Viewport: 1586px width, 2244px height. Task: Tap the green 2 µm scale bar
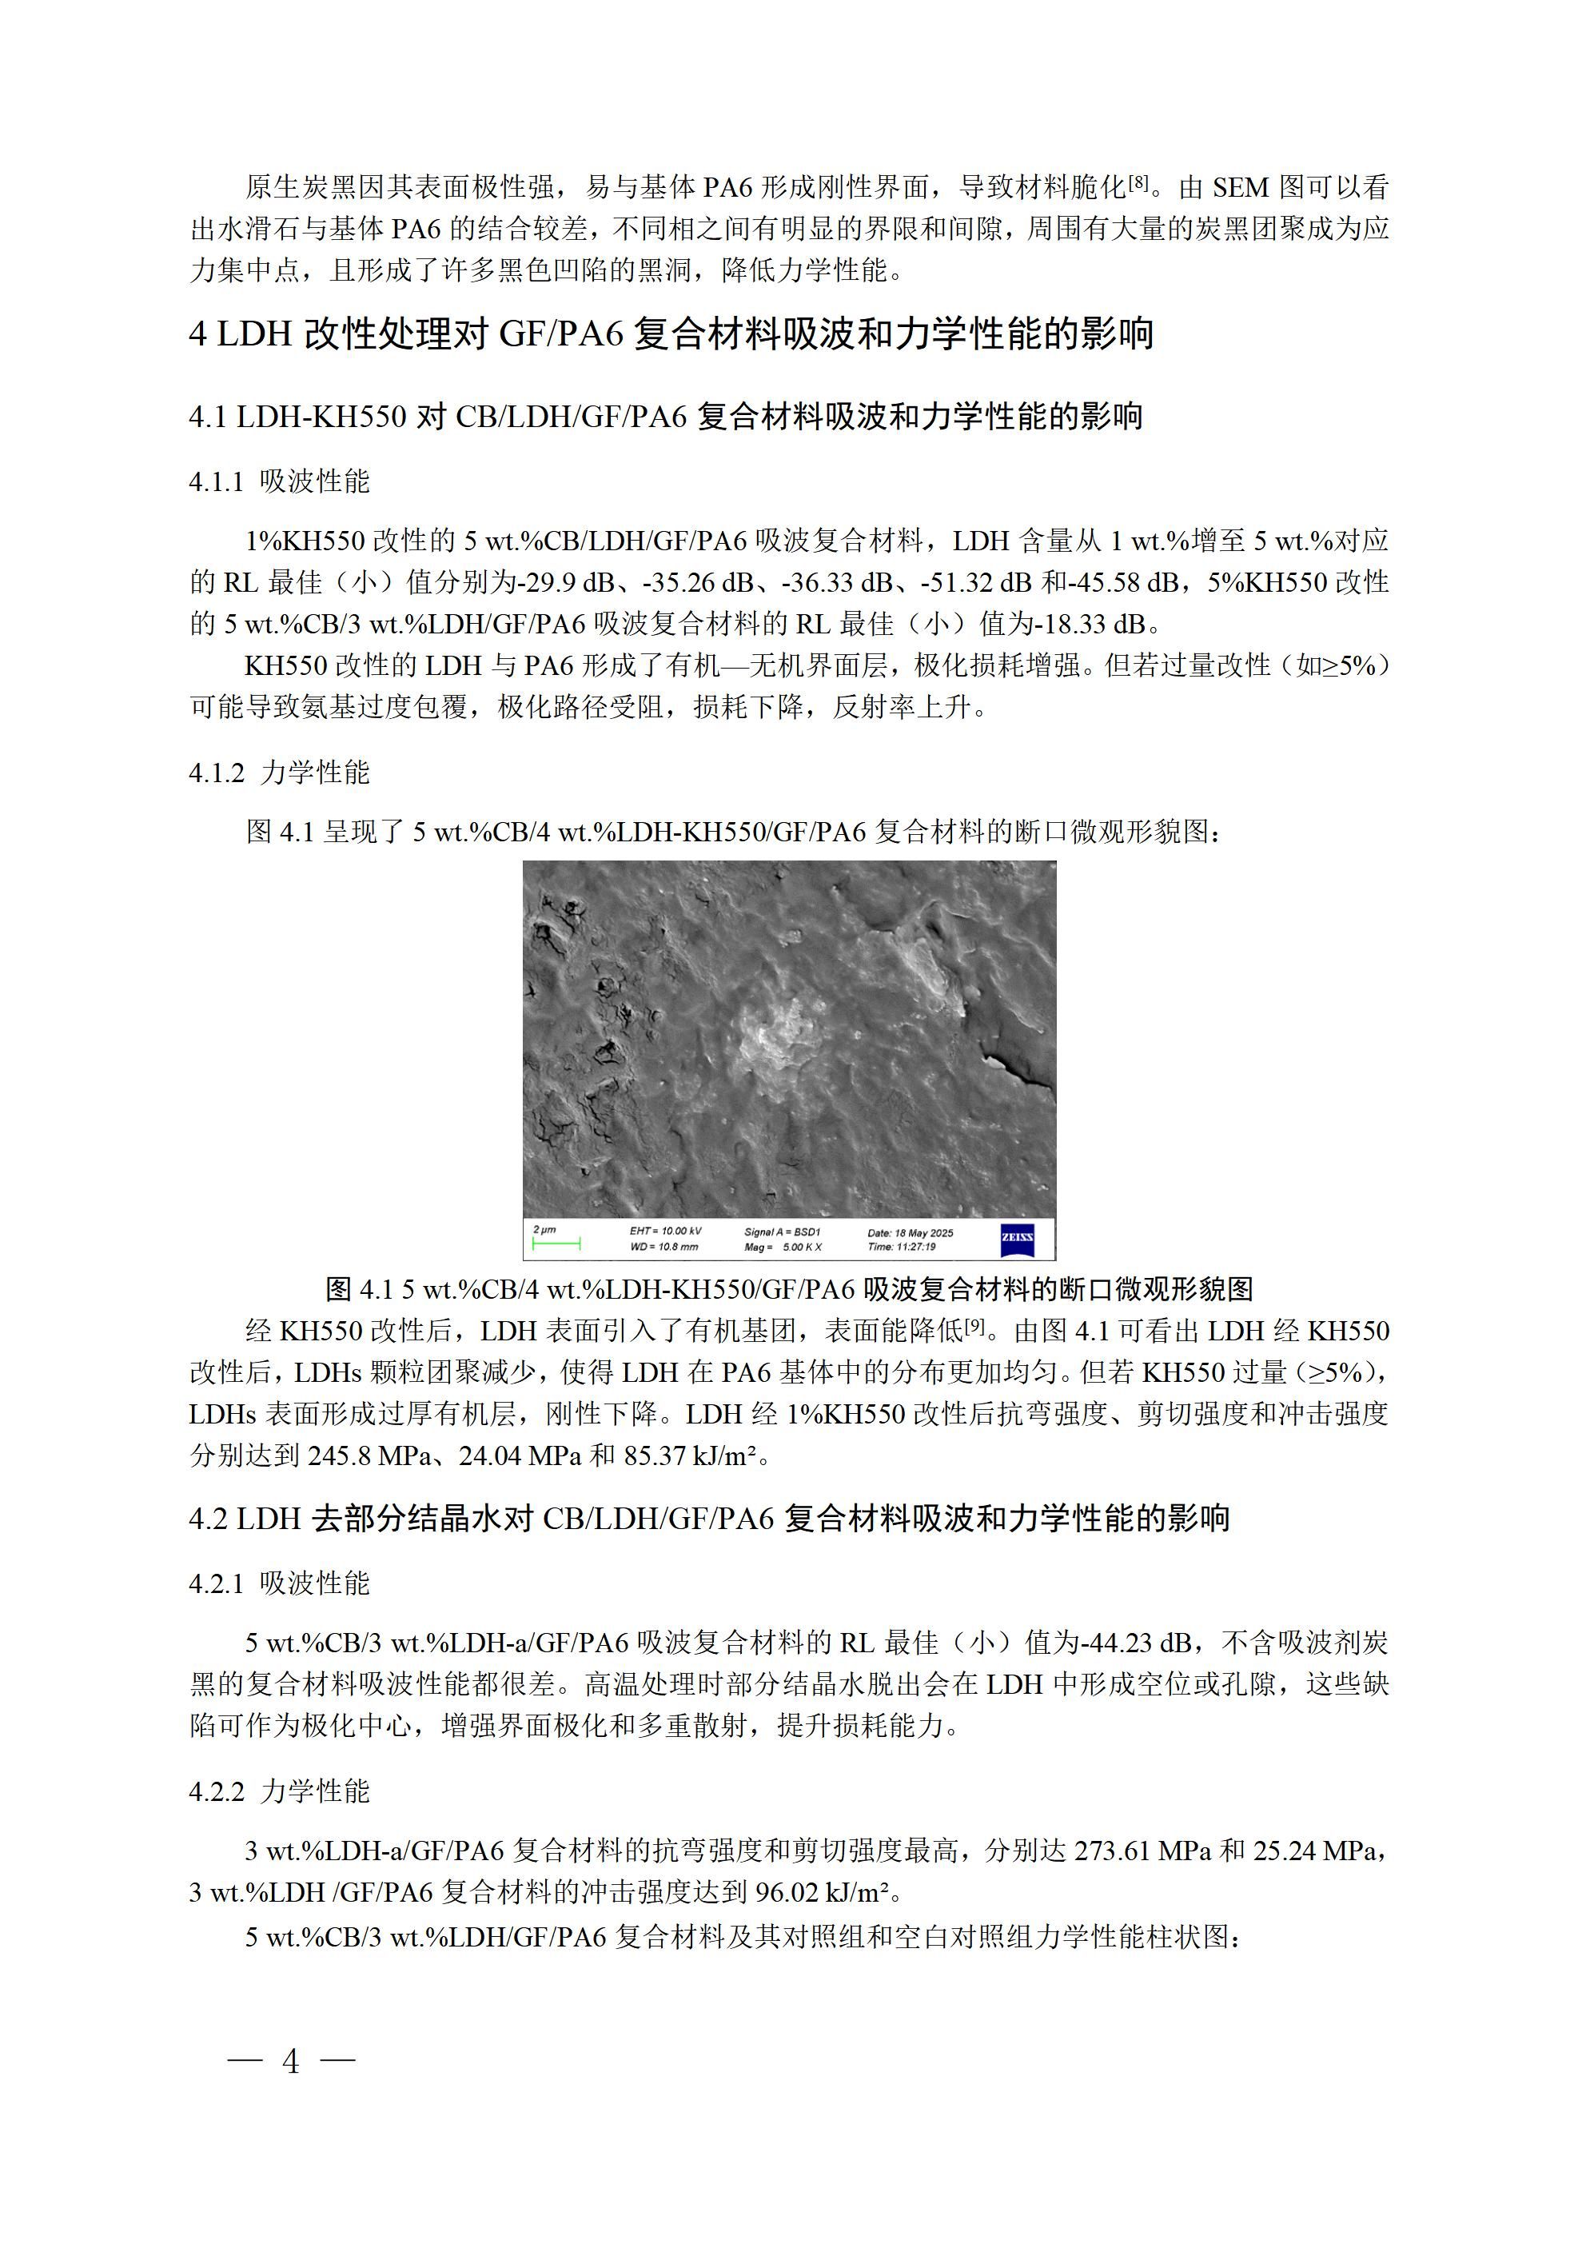tap(556, 1244)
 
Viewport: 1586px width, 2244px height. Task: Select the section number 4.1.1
tap(216, 481)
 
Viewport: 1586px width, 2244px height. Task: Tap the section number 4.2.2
tap(216, 1791)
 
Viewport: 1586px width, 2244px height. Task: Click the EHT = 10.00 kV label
tap(665, 1232)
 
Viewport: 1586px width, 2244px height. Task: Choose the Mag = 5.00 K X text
tap(783, 1247)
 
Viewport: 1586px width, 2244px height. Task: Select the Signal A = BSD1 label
tap(783, 1232)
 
